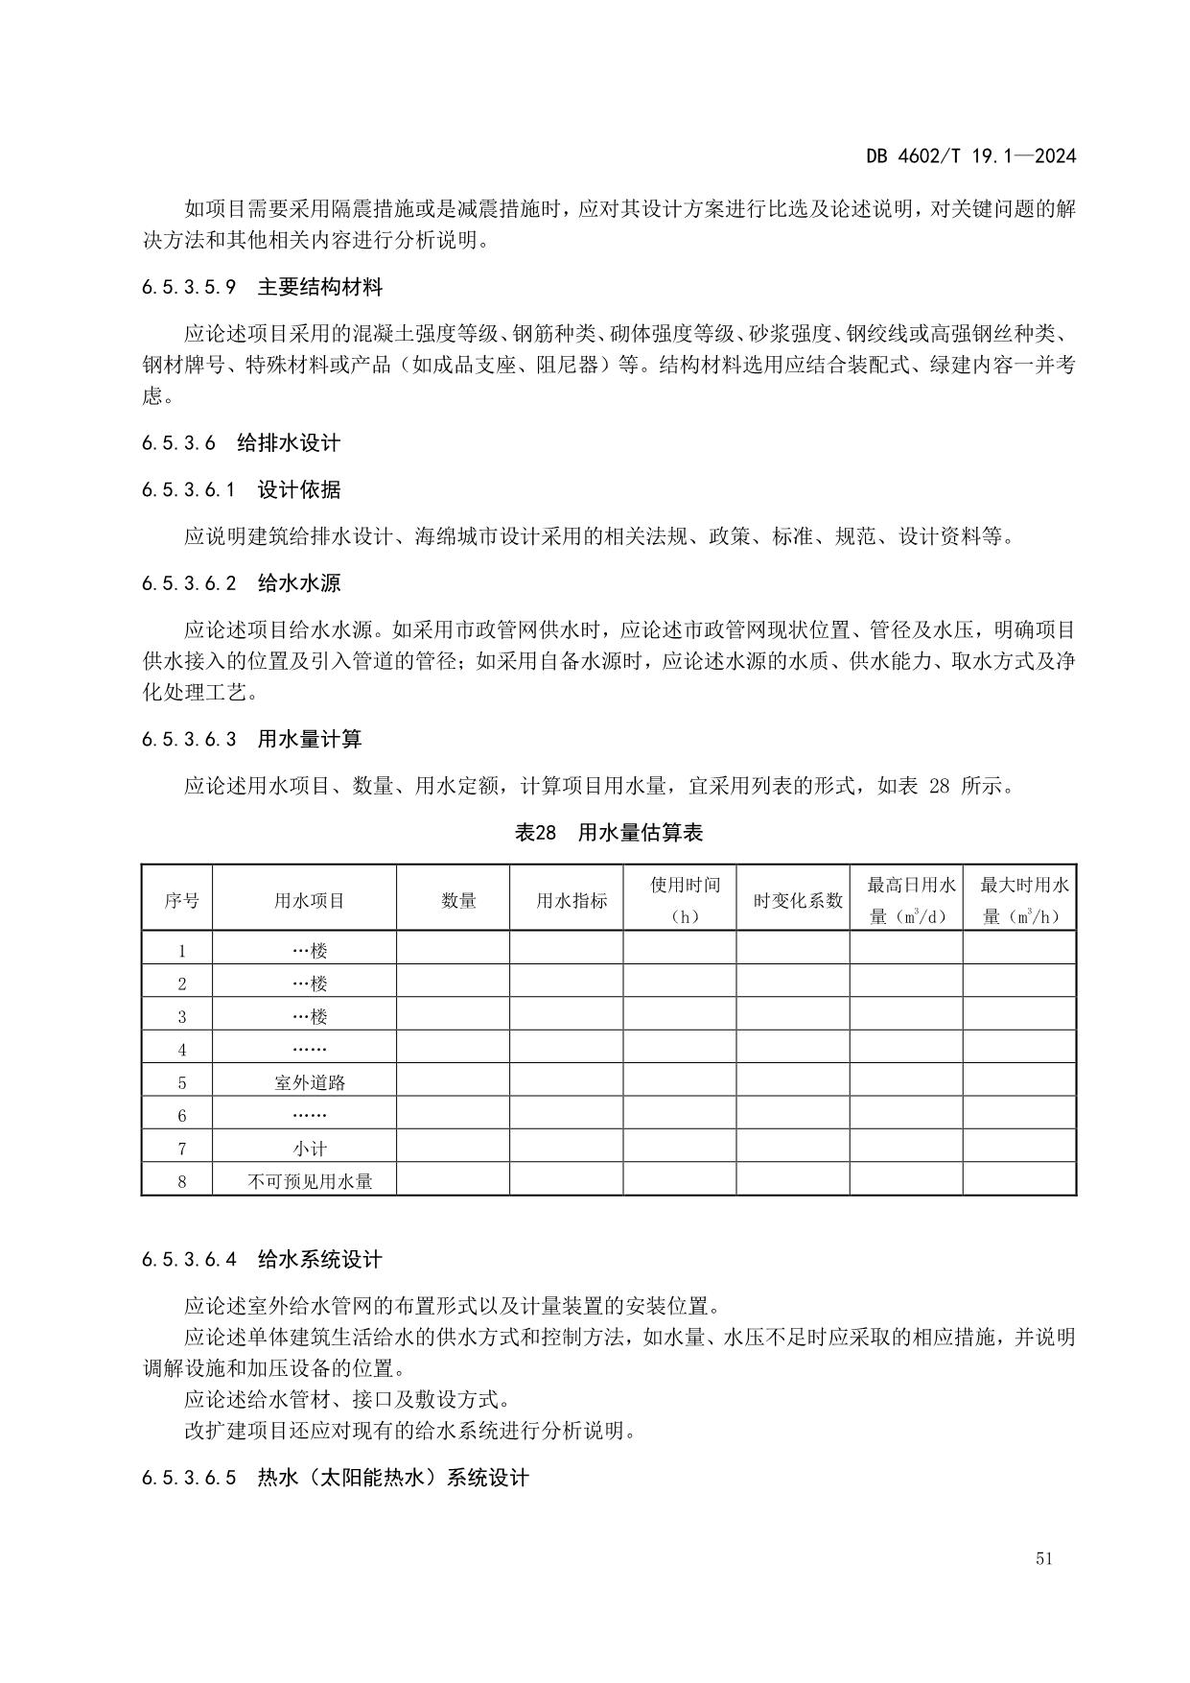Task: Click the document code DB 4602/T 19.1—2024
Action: (970, 156)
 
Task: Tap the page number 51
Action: (1044, 1558)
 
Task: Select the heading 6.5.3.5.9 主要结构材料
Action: (262, 287)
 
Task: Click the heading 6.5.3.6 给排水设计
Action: (241, 443)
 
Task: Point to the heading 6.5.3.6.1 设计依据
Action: (241, 490)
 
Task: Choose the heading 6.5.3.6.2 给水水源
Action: (241, 583)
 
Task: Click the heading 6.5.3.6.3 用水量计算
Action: (251, 740)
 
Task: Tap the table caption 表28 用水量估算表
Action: (609, 833)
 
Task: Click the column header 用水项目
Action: (309, 900)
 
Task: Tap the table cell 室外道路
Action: (309, 1082)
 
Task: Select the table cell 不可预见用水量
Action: (309, 1181)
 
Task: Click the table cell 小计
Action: (309, 1149)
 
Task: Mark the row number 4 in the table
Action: (181, 1050)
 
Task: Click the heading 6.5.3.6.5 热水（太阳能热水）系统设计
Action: (335, 1478)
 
